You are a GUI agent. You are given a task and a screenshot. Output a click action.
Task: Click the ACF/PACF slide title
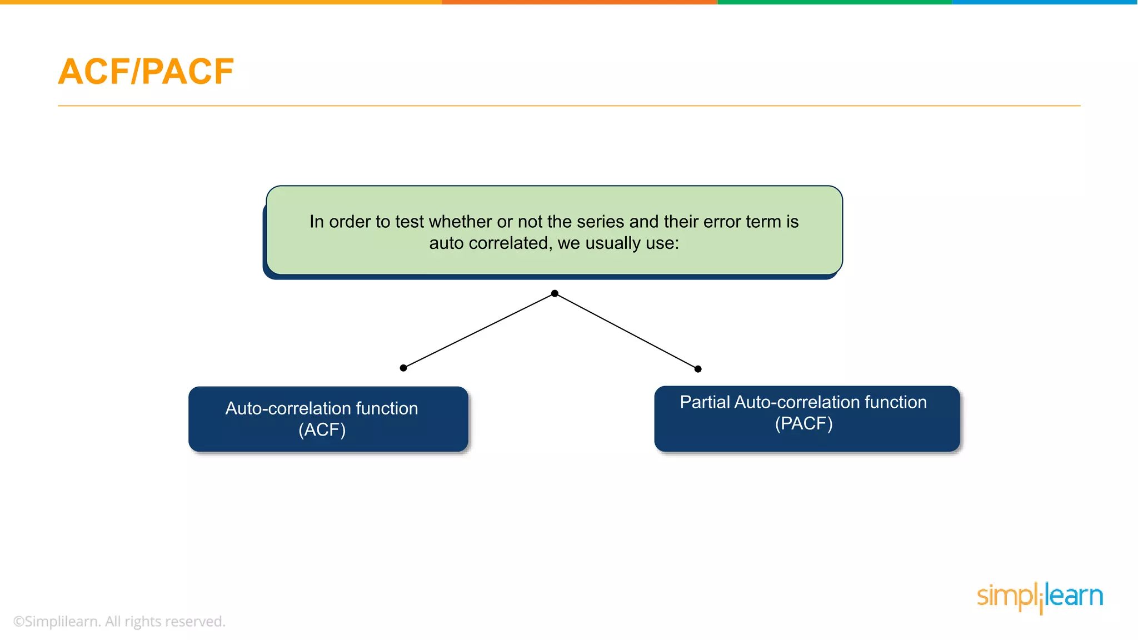coord(146,72)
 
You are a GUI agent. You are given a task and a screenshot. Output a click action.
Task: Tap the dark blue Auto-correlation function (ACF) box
coord(328,419)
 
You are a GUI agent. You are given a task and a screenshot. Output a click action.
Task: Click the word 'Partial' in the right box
coord(705,402)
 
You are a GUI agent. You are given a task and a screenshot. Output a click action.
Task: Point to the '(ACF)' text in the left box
coord(322,430)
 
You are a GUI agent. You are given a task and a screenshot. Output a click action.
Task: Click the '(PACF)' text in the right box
coord(803,424)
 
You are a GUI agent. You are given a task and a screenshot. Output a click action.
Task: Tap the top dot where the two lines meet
coord(555,293)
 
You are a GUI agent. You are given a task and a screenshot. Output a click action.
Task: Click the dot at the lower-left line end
coord(403,368)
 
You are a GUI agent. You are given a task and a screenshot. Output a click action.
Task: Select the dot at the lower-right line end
coord(698,369)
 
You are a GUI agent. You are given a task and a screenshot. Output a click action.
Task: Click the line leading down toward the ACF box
coord(479,331)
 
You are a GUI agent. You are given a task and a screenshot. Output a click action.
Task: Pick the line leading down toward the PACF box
coord(626,331)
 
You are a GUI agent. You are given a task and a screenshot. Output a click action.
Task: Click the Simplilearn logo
coord(1040,597)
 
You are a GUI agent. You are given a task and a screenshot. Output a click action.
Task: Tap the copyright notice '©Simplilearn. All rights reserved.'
coord(119,622)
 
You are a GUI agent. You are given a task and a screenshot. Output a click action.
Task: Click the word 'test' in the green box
coord(410,222)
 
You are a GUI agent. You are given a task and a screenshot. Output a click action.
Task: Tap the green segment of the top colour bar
coord(835,2)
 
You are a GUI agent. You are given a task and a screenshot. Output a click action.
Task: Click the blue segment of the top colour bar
coord(1045,2)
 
